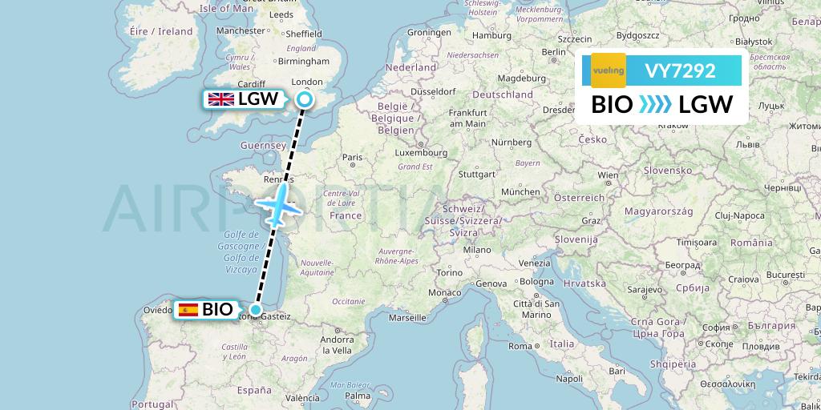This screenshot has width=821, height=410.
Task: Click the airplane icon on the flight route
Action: point(277,205)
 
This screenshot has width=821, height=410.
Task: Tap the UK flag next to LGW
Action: point(220,99)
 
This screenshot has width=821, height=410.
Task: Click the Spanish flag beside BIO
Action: point(188,310)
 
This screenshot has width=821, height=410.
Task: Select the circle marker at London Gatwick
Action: point(305,99)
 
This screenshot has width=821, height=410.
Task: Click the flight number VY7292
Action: point(680,71)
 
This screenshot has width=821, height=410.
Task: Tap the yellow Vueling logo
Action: point(608,70)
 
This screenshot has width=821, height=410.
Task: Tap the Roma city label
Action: point(520,346)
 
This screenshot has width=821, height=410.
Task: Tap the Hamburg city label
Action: point(491,36)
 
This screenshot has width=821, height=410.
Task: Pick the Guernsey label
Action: point(263,146)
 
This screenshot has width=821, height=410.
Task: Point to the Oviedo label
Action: point(159,310)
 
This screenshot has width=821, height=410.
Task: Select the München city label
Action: point(520,192)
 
